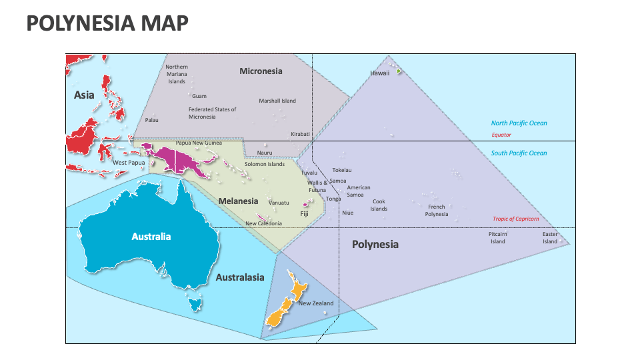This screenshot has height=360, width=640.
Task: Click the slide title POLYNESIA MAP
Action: click(107, 24)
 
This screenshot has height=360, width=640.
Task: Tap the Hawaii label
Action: click(379, 73)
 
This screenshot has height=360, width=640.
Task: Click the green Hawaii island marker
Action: click(399, 71)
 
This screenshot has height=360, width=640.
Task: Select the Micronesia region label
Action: click(261, 71)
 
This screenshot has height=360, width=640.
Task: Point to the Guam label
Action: click(199, 96)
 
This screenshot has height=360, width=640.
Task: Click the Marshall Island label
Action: click(277, 101)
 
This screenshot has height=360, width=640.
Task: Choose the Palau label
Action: click(152, 120)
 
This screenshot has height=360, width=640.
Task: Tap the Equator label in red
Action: click(501, 135)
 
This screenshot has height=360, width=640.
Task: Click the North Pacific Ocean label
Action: click(519, 123)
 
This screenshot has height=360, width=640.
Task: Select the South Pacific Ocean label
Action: click(519, 153)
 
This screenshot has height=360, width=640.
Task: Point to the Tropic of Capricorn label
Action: click(515, 219)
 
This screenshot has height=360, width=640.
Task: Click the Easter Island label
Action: click(549, 238)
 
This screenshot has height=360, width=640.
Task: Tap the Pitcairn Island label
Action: click(498, 238)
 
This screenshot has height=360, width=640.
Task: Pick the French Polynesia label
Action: click(437, 211)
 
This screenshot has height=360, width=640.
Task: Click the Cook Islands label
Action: click(379, 205)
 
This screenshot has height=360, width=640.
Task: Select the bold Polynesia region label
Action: click(375, 245)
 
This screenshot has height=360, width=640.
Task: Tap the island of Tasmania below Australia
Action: click(195, 305)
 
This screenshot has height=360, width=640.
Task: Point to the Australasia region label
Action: click(240, 277)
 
